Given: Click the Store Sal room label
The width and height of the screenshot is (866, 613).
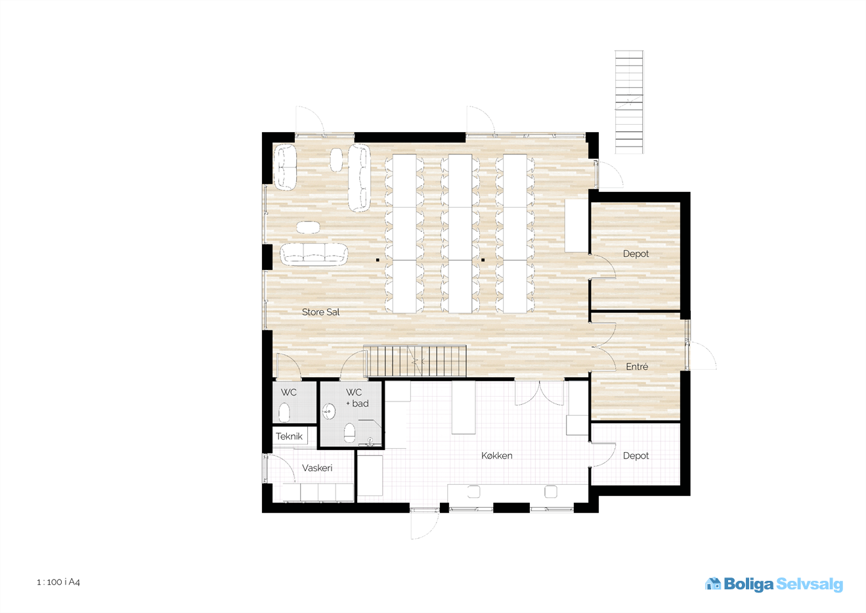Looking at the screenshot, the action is click(320, 312).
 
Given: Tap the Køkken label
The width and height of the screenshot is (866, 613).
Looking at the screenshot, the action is click(497, 455).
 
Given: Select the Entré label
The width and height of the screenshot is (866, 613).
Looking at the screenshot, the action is click(637, 367).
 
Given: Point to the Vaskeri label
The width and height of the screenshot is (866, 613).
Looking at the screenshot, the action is click(317, 468).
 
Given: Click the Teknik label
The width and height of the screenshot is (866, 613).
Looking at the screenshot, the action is click(289, 436).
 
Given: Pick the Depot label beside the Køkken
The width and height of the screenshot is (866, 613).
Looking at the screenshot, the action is click(636, 456).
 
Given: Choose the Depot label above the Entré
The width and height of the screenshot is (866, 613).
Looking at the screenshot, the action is click(636, 254).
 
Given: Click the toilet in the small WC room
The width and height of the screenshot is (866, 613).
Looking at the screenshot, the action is click(284, 412).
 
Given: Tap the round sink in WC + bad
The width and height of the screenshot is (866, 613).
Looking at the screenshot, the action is click(329, 411).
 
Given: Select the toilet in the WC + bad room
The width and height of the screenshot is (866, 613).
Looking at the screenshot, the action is click(349, 433).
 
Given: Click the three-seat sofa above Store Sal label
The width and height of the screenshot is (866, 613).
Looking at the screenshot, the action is click(314, 254).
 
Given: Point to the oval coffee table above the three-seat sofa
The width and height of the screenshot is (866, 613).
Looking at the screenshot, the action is click(308, 227).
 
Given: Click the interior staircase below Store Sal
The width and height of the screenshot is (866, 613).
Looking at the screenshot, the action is click(415, 361).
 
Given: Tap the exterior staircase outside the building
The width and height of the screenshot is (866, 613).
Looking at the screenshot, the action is click(629, 102).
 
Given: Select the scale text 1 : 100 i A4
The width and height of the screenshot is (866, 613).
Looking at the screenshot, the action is click(58, 582).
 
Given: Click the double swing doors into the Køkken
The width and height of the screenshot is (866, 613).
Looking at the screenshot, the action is click(540, 393).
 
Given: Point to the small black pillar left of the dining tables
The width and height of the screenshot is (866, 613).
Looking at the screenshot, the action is click(378, 260).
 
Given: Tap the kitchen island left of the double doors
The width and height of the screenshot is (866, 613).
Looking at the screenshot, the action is click(463, 407).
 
